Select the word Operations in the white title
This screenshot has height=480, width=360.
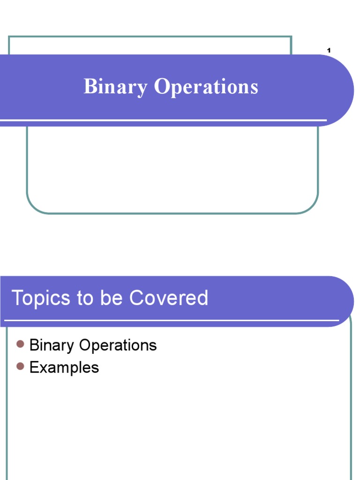coord(206,87)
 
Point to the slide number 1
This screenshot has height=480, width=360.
coord(329,51)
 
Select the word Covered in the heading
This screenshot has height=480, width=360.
coord(169,299)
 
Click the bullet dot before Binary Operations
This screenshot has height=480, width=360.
coord(20,345)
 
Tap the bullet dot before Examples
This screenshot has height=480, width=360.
coord(20,367)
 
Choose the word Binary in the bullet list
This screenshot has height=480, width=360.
coord(52,346)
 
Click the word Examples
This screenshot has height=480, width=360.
coord(64,367)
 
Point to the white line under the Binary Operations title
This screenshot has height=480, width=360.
coord(164,120)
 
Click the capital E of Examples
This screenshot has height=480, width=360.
coord(33,367)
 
